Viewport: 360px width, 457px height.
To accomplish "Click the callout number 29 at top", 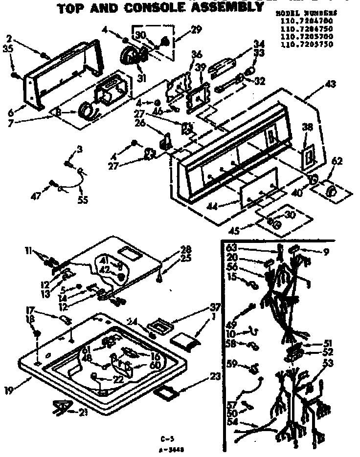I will coord(183,30).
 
